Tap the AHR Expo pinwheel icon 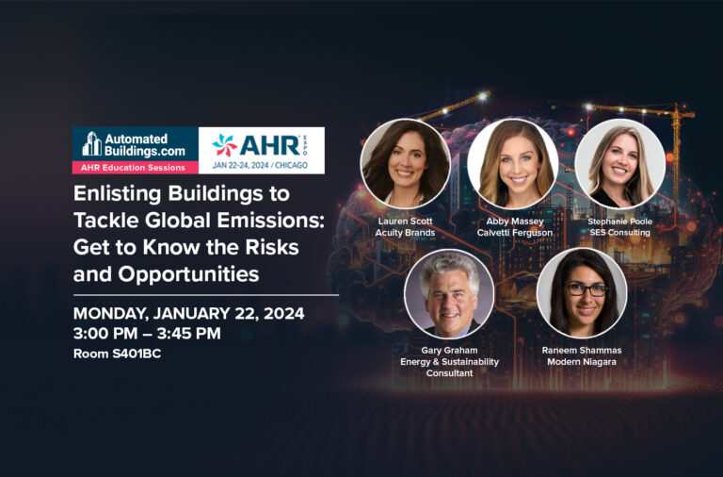click(x=225, y=145)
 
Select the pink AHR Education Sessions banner click(x=136, y=168)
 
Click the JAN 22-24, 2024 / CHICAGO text click(x=260, y=165)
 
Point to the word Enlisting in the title click(x=117, y=194)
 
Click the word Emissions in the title click(x=271, y=220)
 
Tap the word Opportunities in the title click(x=188, y=274)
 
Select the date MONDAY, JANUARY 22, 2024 click(x=188, y=314)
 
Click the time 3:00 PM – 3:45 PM click(x=147, y=334)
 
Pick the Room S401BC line click(x=117, y=354)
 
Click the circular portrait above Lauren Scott click(x=406, y=163)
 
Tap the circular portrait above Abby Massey click(x=513, y=163)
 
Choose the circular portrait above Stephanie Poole click(x=619, y=163)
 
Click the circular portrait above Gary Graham click(x=449, y=293)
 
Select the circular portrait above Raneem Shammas click(x=582, y=293)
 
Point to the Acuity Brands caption click(x=406, y=233)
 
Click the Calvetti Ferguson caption click(x=515, y=233)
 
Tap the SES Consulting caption click(x=619, y=233)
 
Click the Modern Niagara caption click(x=582, y=362)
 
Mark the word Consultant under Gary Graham click(x=450, y=373)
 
